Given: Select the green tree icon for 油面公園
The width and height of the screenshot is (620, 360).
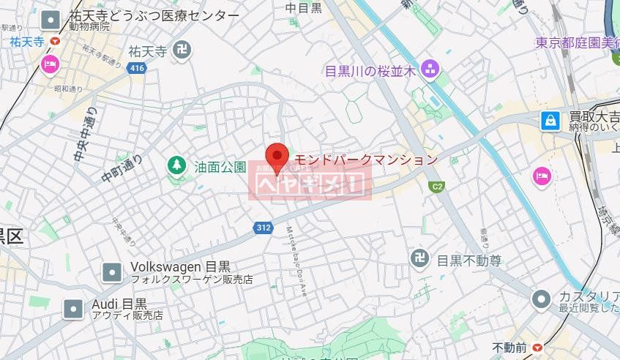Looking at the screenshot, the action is [x=176, y=165].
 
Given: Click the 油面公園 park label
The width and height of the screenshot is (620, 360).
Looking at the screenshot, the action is [x=220, y=167].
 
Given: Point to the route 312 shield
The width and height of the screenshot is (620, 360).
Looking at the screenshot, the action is [x=265, y=228].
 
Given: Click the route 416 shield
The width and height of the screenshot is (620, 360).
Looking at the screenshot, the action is [x=136, y=68].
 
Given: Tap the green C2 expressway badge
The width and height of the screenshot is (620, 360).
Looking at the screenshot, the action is [x=438, y=187].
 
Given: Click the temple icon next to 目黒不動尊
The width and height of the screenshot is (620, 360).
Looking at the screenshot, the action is [x=419, y=260].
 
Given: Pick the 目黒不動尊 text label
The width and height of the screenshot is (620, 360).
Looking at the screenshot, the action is [x=469, y=260].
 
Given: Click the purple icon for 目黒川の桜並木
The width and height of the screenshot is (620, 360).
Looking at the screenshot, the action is [x=429, y=70].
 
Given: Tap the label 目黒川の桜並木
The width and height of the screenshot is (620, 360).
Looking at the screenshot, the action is [x=370, y=71].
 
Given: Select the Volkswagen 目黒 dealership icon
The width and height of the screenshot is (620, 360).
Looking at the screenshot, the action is [x=112, y=272].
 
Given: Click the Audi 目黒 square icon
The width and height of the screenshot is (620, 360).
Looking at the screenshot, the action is [x=73, y=309].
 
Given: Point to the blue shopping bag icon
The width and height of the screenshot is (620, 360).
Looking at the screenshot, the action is [x=550, y=121].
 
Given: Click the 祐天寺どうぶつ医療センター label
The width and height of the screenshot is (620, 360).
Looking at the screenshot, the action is [x=153, y=15].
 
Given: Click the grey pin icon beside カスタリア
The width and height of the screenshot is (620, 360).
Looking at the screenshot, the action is [x=541, y=299].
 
